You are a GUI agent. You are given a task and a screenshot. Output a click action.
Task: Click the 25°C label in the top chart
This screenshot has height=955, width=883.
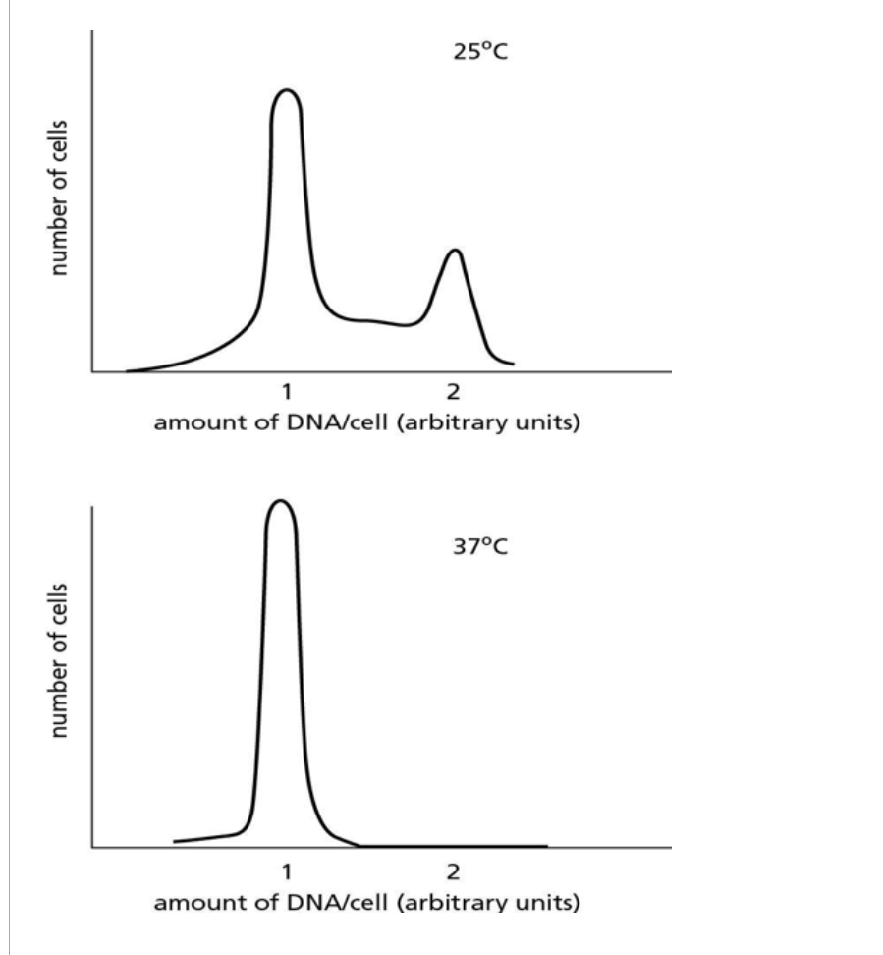(479, 52)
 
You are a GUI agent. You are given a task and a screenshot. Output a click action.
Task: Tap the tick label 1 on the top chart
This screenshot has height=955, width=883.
(286, 392)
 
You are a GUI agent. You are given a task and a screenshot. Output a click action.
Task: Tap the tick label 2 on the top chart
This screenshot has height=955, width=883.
(453, 392)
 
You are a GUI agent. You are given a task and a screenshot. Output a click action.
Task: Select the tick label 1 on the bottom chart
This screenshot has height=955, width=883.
(286, 871)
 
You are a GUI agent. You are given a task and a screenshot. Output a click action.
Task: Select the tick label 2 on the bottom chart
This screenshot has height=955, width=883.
(453, 871)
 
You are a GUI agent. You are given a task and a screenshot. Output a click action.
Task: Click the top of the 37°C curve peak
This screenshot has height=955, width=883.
(282, 501)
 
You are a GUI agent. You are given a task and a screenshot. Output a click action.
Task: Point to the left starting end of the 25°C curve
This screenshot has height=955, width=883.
(127, 371)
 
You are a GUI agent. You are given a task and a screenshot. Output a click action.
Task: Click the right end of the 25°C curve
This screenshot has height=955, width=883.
(513, 364)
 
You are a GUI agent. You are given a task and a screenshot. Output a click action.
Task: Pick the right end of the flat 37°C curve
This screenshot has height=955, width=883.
(546, 845)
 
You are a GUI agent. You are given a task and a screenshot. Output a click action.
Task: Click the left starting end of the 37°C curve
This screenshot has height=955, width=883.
(175, 841)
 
